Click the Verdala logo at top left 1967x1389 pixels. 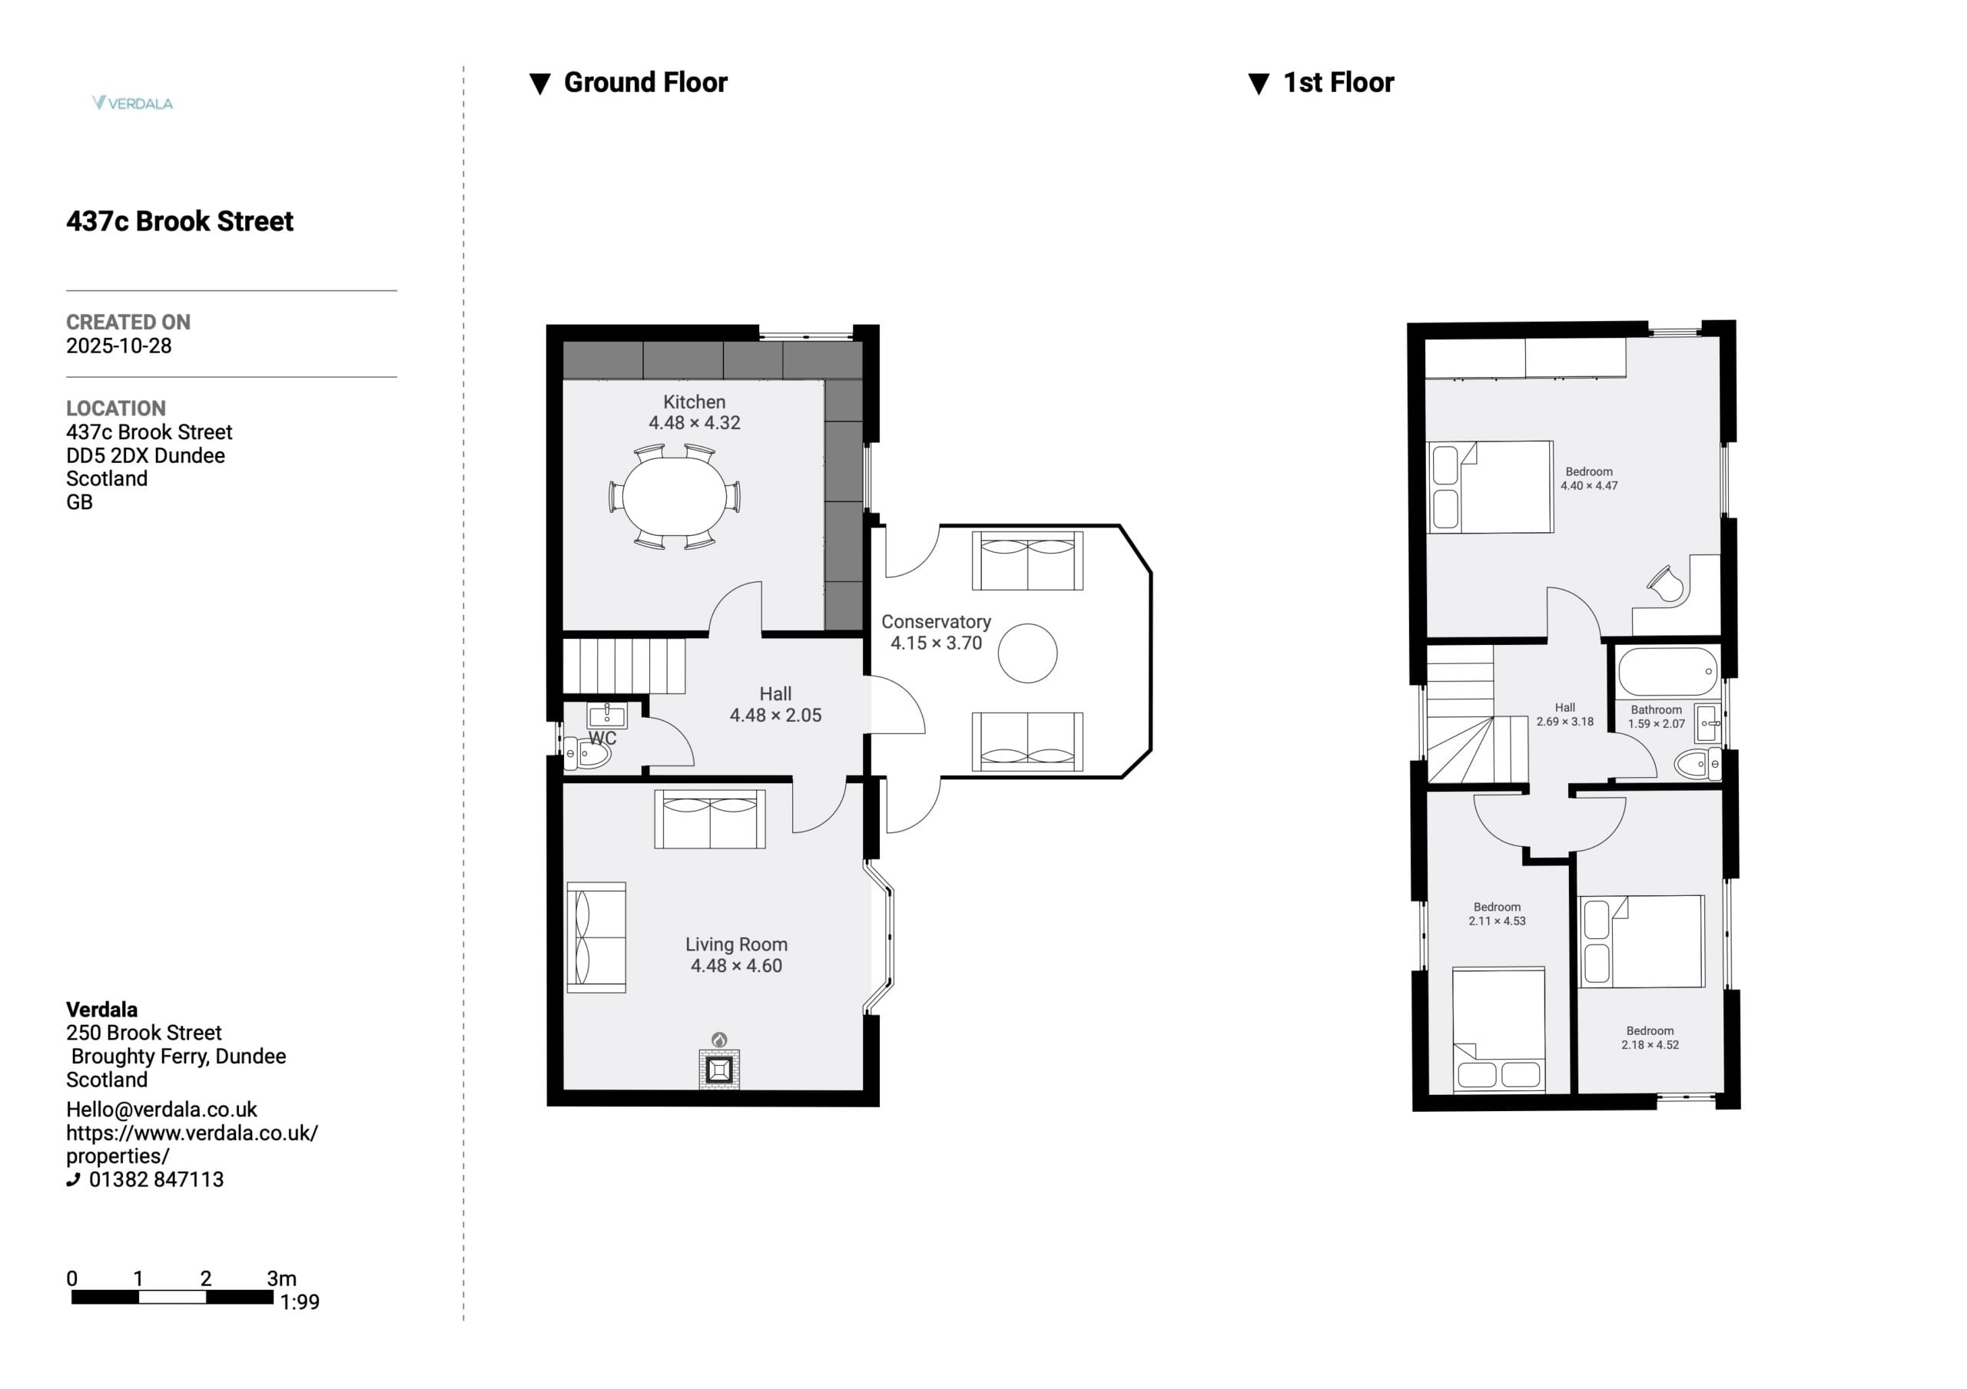pyautogui.click(x=133, y=103)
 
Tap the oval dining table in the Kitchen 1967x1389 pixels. pyautogui.click(x=675, y=496)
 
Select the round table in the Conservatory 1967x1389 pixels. pyautogui.click(x=1027, y=653)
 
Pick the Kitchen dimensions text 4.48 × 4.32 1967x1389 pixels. pyautogui.click(x=694, y=423)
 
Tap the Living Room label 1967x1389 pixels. pyautogui.click(x=736, y=944)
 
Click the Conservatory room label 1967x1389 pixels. pyautogui.click(x=936, y=622)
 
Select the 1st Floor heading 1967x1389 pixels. pyautogui.click(x=1338, y=82)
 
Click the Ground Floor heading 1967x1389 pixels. pyautogui.click(x=645, y=82)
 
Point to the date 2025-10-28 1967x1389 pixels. pyautogui.click(x=119, y=346)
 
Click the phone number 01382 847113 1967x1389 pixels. pyautogui.click(x=156, y=1179)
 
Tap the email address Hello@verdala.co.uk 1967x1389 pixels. pyautogui.click(x=161, y=1110)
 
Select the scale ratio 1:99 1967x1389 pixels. pyautogui.click(x=300, y=1302)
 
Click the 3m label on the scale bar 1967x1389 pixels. pyautogui.click(x=282, y=1278)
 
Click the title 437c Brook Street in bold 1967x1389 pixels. pyautogui.click(x=180, y=221)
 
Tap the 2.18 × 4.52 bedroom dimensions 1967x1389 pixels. pyautogui.click(x=1650, y=1045)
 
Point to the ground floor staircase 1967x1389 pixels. pyautogui.click(x=625, y=666)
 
